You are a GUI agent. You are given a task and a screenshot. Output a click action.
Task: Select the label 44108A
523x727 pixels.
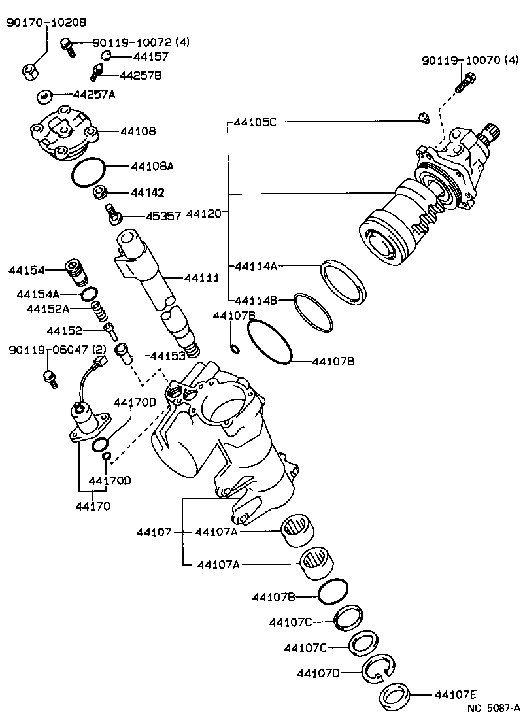click(152, 166)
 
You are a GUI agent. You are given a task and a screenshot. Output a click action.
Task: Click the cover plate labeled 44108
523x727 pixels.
click(63, 133)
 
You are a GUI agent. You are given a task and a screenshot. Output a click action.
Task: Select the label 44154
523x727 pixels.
click(26, 270)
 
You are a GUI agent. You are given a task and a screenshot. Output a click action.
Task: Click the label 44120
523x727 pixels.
click(207, 213)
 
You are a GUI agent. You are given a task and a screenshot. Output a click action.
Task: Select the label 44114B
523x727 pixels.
click(256, 301)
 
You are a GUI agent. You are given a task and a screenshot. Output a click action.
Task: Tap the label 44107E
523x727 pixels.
click(456, 695)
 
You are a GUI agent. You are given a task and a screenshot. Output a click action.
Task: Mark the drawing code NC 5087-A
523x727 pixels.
click(493, 707)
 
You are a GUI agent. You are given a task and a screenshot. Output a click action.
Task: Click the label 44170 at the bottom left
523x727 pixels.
click(93, 505)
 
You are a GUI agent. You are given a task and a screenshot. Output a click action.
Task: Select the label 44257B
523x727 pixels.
click(139, 75)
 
